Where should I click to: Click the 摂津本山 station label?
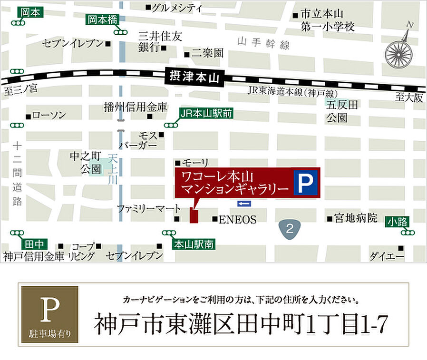pyautogui.click(x=195, y=77)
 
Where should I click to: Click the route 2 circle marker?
pyautogui.click(x=291, y=229)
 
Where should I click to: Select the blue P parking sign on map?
pyautogui.click(x=306, y=182)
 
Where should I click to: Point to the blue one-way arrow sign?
pyautogui.click(x=244, y=204)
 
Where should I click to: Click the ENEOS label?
pyautogui.click(x=237, y=220)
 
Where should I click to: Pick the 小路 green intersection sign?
pyautogui.click(x=398, y=221)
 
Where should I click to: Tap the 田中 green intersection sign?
pyautogui.click(x=34, y=244)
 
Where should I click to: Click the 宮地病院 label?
pyautogui.click(x=355, y=219)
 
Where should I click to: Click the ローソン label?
pyautogui.click(x=49, y=116)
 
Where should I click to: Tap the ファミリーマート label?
pyautogui.click(x=149, y=208)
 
